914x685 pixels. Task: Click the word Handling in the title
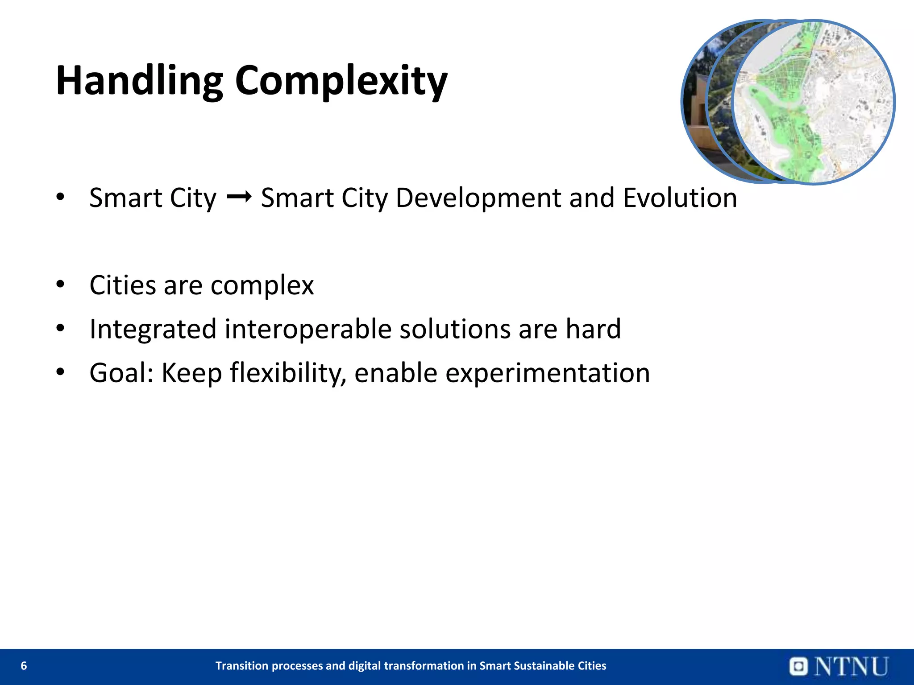pyautogui.click(x=139, y=81)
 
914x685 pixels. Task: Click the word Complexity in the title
pyautogui.click(x=341, y=81)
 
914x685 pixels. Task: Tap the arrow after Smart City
pyautogui.click(x=239, y=196)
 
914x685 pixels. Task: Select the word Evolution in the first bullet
pyautogui.click(x=680, y=198)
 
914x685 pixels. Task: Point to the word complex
pyautogui.click(x=262, y=285)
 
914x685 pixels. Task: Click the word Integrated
pyautogui.click(x=153, y=329)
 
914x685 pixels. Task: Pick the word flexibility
pyautogui.click(x=286, y=373)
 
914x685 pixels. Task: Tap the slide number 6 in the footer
pyautogui.click(x=24, y=666)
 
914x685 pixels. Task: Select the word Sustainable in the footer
pyautogui.click(x=544, y=666)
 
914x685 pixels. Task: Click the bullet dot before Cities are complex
pyautogui.click(x=61, y=284)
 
